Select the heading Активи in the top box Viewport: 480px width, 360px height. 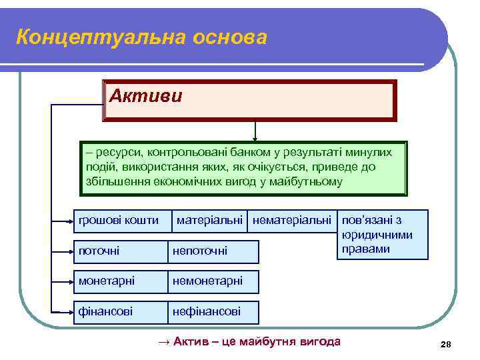click(x=145, y=96)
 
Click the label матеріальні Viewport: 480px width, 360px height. click(x=211, y=220)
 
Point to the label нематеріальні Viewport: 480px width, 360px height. click(x=291, y=220)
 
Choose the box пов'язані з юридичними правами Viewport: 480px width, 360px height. click(x=383, y=234)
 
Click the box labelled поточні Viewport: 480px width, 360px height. click(x=119, y=251)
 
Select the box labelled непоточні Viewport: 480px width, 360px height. click(x=212, y=251)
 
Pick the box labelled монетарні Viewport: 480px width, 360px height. click(x=119, y=281)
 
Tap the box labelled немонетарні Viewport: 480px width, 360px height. click(x=212, y=281)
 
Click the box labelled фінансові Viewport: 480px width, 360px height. click(x=119, y=311)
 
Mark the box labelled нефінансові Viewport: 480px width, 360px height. click(x=212, y=311)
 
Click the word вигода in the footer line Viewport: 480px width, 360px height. click(x=321, y=342)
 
